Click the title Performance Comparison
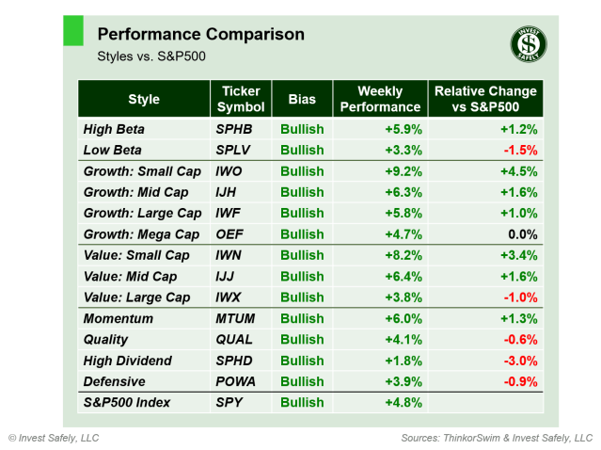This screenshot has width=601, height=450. [x=200, y=35]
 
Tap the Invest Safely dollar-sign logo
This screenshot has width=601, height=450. [x=529, y=43]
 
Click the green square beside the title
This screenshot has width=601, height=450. [x=72, y=30]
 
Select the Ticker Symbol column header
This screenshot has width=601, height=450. [x=241, y=99]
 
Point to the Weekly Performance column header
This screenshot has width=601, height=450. [x=380, y=99]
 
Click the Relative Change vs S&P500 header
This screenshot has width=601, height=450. [x=485, y=99]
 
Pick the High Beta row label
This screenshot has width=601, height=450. [x=114, y=129]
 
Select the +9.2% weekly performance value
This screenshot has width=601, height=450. [x=403, y=171]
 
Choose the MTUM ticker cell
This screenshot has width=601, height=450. [x=237, y=319]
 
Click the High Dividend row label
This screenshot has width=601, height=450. [x=127, y=361]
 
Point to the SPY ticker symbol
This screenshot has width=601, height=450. [x=229, y=403]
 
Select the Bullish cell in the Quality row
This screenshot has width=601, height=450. [x=301, y=340]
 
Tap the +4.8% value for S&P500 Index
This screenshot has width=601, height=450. [x=403, y=403]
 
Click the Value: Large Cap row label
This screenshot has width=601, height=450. [x=136, y=297]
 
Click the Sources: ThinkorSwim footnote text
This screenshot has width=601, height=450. [x=497, y=438]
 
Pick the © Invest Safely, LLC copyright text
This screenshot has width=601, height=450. [x=54, y=438]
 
